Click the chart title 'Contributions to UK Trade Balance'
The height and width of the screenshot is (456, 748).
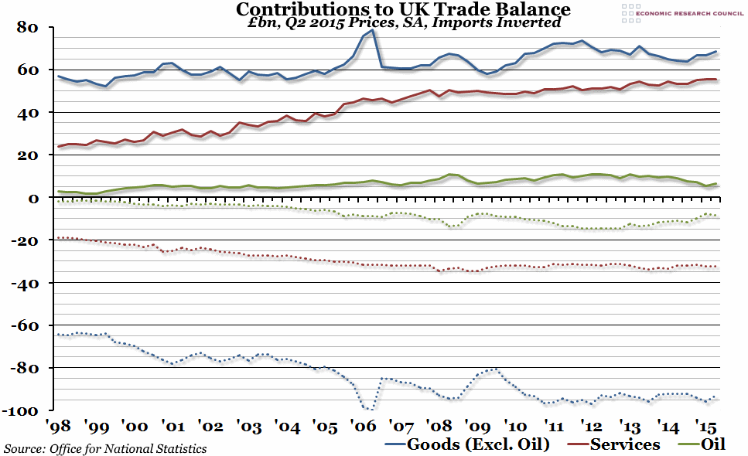click(403, 10)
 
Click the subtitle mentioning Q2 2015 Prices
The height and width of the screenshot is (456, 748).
click(403, 23)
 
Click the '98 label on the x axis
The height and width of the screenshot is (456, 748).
click(59, 427)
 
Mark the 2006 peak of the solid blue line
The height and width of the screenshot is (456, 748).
click(372, 30)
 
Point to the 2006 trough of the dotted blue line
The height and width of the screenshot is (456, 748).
click(369, 409)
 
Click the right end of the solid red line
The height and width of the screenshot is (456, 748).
click(716, 80)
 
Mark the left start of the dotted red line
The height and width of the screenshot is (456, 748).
click(59, 238)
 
